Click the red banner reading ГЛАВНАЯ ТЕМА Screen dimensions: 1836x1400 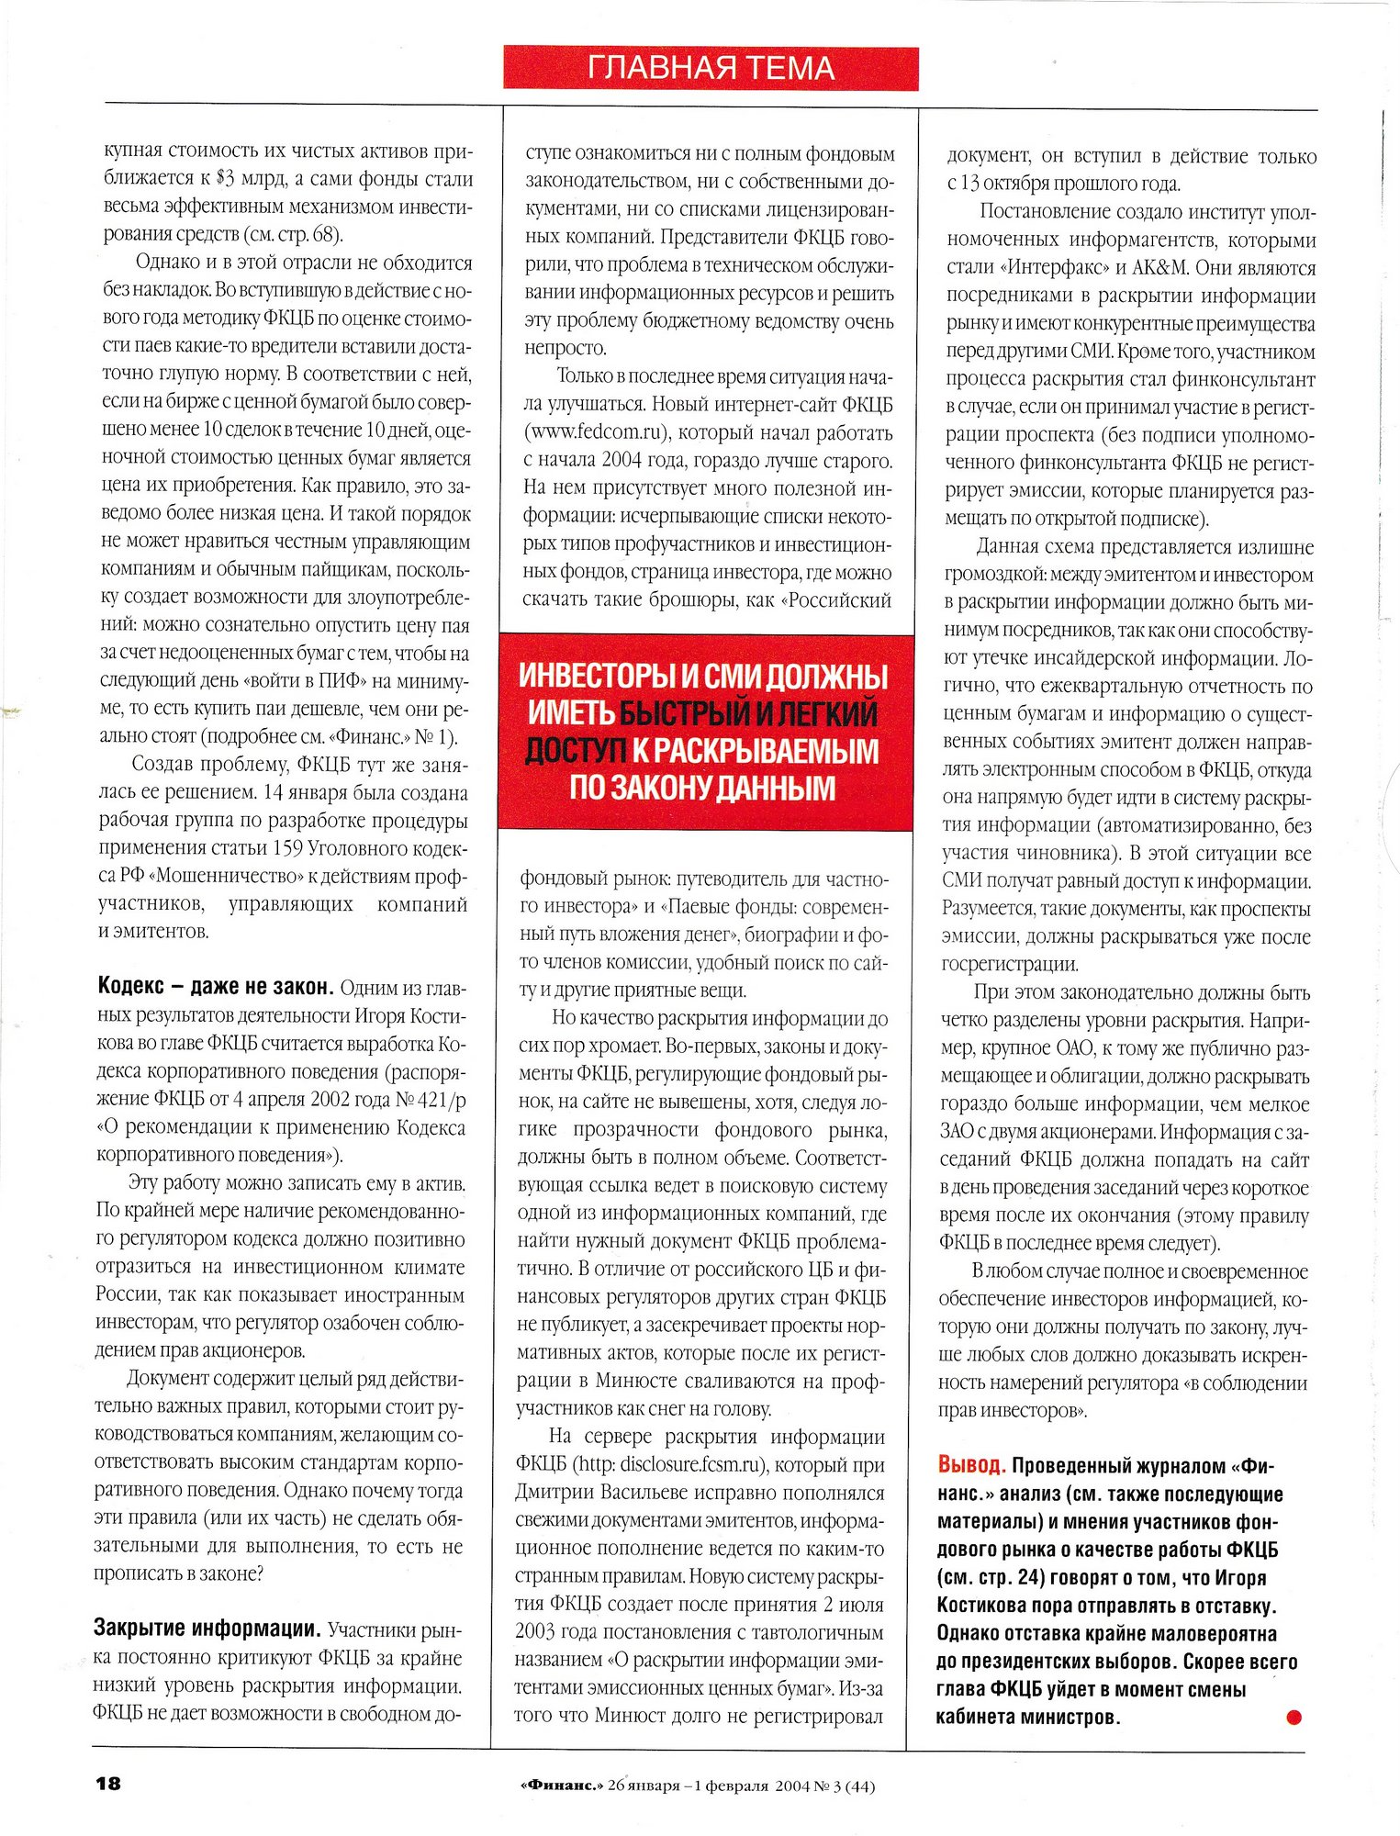click(710, 68)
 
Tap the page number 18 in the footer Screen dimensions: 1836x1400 click(108, 1784)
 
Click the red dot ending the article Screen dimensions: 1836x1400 click(1294, 1717)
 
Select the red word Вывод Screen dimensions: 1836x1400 click(971, 1465)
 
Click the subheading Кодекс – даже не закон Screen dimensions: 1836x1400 click(215, 987)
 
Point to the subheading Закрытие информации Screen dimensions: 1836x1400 click(207, 1629)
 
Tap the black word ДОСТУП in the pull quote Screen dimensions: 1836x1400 click(575, 751)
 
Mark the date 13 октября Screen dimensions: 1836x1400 click(1004, 184)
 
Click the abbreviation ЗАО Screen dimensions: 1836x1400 click(958, 1132)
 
